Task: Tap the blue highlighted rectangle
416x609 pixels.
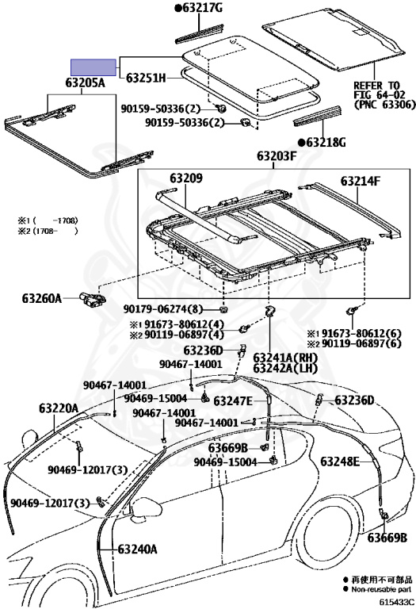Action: click(x=94, y=67)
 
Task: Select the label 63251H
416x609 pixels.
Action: click(x=146, y=78)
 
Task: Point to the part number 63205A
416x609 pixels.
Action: click(x=85, y=82)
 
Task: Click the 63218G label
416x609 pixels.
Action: click(x=326, y=143)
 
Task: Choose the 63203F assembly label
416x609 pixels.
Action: click(x=277, y=156)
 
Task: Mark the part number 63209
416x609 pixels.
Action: click(x=186, y=178)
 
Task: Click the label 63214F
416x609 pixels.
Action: click(x=361, y=181)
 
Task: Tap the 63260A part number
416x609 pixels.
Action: click(x=41, y=299)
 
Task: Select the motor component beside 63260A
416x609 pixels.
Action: click(x=93, y=299)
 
